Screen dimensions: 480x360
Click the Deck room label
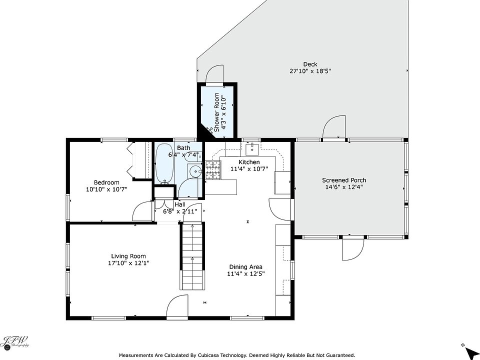click(x=310, y=64)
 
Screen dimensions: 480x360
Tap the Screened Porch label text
click(x=344, y=180)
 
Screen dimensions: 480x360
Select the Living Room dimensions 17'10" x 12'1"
click(x=128, y=263)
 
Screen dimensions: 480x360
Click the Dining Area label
click(x=245, y=267)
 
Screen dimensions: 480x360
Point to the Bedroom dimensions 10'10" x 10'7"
click(x=106, y=189)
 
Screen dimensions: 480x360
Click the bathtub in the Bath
click(x=164, y=164)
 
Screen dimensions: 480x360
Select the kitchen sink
click(x=252, y=149)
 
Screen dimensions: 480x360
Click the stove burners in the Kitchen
click(x=213, y=170)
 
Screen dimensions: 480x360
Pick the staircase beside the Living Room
click(x=192, y=256)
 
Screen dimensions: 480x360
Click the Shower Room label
click(x=216, y=112)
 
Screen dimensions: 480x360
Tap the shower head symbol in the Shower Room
click(x=209, y=130)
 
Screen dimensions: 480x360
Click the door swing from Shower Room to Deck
click(x=214, y=73)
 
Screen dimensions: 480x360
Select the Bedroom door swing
click(x=142, y=211)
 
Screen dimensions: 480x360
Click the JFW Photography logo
click(x=15, y=342)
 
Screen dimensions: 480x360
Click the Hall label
click(x=180, y=204)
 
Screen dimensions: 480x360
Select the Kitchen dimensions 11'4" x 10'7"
click(x=249, y=168)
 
